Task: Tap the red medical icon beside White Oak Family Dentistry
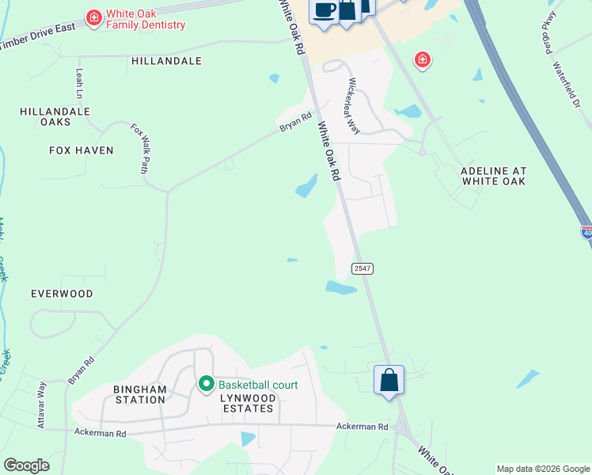[x=93, y=17]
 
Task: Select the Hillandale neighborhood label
[x=166, y=61]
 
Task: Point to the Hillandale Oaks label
[x=55, y=118]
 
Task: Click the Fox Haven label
[x=82, y=150]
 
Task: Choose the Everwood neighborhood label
[x=62, y=294]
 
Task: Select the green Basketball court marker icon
[x=207, y=385]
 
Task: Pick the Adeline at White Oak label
[x=494, y=176]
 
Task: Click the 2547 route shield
[x=362, y=268]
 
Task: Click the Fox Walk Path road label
[x=140, y=147]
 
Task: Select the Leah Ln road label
[x=79, y=82]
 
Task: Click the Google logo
[x=27, y=465]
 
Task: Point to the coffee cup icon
[x=324, y=10]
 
